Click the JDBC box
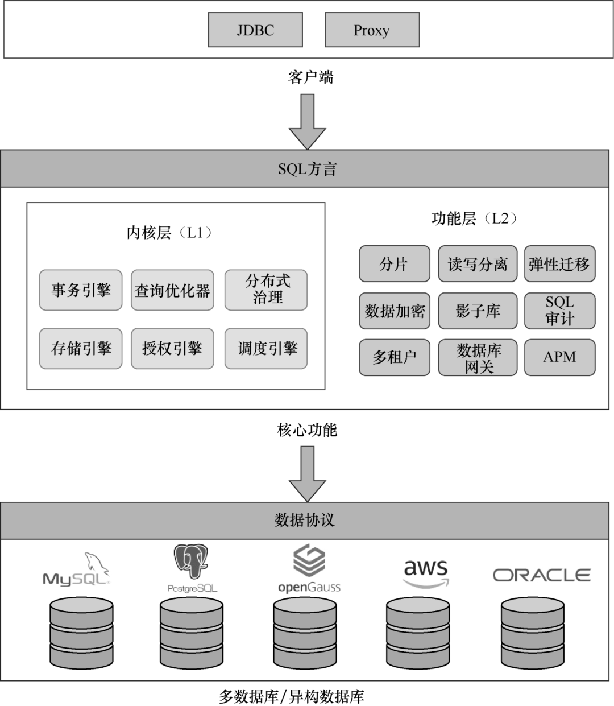tap(255, 30)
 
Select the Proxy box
tap(372, 30)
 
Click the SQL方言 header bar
tap(307, 169)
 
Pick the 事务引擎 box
tap(81, 290)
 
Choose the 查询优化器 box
tap(172, 290)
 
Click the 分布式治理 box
tap(266, 290)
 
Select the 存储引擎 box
tap(81, 348)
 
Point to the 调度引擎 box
tap(266, 348)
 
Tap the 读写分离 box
tap(478, 264)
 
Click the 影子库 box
tap(478, 311)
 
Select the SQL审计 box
tap(559, 311)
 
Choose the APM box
tap(559, 357)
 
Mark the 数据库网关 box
tap(478, 357)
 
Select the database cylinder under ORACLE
tap(533, 634)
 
